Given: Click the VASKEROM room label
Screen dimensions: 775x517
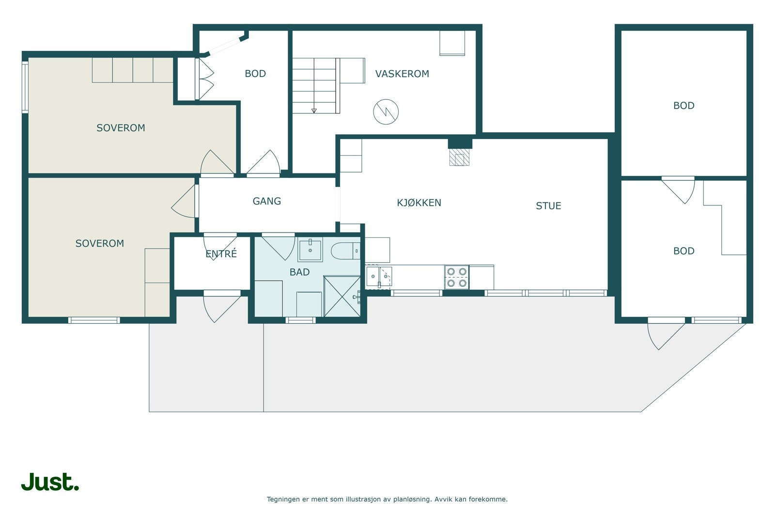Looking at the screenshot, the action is pos(402,74).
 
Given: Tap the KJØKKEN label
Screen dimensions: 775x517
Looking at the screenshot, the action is pos(419,203).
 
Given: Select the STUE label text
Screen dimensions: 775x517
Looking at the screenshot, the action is pos(548,206).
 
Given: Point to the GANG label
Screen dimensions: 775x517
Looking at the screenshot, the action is pos(267,201).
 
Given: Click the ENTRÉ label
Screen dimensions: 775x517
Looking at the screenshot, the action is pos(221,254).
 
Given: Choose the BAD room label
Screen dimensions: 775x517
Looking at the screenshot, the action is pos(300,272).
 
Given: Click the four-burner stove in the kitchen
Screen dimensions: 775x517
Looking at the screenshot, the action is pos(457,278).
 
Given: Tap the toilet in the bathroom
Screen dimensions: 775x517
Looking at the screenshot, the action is pos(346,251).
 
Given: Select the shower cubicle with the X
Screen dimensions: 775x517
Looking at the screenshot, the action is pos(342,296).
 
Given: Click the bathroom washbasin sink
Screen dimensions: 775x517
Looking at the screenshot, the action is pos(310,249).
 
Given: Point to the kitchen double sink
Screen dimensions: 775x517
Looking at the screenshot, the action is pos(379,277).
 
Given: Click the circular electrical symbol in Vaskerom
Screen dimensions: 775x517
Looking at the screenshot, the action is pos(386,112).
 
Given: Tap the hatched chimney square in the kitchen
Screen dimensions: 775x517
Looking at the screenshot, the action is pos(460,157).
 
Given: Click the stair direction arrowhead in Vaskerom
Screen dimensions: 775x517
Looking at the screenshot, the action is pos(314,111).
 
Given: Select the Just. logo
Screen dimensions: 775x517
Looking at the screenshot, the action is pos(50,482).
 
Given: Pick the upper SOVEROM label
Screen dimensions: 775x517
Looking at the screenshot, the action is pos(121,128).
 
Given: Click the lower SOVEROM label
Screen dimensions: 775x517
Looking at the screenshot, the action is pos(100,244).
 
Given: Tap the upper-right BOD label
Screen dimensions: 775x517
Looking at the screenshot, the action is pos(683,106).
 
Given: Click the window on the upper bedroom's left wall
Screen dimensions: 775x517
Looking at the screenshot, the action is pos(25,87).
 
